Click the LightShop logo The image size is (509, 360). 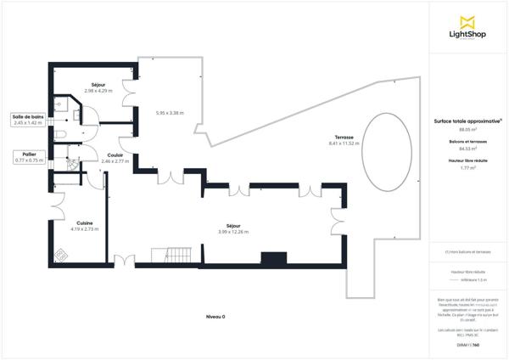467,27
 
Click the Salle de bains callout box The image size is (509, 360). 28,120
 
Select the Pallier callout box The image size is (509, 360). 28,157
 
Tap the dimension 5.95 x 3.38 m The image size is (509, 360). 171,112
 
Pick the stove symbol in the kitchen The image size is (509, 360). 61,254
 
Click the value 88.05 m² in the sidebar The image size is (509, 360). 467,129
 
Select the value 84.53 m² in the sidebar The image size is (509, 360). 467,149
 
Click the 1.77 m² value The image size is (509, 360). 467,168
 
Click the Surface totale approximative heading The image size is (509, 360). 467,121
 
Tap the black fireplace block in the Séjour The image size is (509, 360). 273,258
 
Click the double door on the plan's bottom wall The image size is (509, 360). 124,260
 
